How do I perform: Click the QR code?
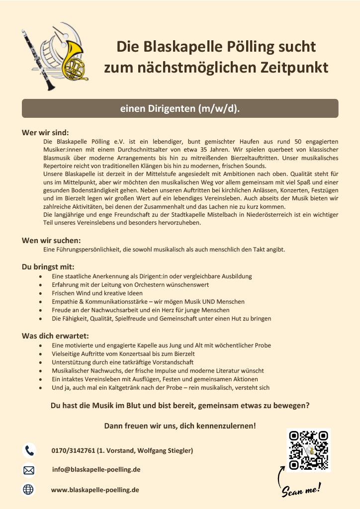pos(309,450)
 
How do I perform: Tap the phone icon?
pos(29,450)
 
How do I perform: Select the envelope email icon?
pos(29,470)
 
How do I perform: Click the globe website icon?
pos(29,490)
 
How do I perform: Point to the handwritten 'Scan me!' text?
pos(301,490)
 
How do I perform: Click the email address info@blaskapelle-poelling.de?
pos(96,470)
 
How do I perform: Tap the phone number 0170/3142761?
pos(73,451)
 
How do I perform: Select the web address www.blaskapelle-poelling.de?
pos(95,490)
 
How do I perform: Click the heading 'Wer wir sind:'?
pos(45,133)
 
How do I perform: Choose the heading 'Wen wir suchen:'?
pos(51,241)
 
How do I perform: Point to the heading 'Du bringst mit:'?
pos(48,267)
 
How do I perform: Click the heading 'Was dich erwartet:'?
pos(55,336)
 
